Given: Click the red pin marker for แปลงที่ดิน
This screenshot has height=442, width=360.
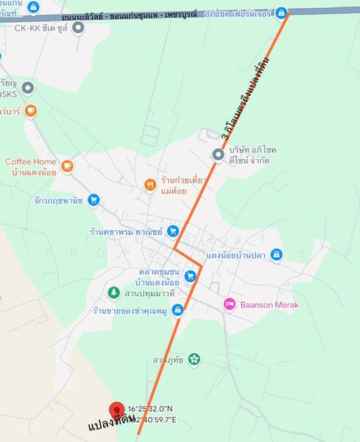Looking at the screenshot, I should point(116,411).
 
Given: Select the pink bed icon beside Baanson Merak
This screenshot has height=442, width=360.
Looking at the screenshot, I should point(230,304).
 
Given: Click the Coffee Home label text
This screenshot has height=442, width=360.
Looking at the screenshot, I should point(31,162).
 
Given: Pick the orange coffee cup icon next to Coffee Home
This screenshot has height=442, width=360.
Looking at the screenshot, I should point(67,166).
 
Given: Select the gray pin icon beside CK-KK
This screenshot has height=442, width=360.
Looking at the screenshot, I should point(79,27).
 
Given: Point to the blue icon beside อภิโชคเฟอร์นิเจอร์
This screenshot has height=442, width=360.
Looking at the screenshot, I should point(280,13).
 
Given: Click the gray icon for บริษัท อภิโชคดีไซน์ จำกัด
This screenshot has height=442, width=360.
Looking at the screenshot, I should point(218,154).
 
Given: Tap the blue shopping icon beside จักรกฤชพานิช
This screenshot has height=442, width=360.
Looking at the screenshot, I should point(93,199).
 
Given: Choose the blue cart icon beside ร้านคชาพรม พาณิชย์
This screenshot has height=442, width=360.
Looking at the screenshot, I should point(172,231).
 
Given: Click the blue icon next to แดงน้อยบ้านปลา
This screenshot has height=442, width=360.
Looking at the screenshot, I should point(276,254).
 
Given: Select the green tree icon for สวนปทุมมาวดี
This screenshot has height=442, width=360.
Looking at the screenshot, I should point(113,292).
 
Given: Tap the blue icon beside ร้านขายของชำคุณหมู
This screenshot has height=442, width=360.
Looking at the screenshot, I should point(177,310).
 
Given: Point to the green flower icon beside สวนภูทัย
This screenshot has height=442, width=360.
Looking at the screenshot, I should point(194,359).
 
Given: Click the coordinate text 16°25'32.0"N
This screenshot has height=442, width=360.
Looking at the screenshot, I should point(151,409).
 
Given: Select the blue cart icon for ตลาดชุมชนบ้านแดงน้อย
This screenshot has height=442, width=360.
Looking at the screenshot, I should point(190,276).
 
